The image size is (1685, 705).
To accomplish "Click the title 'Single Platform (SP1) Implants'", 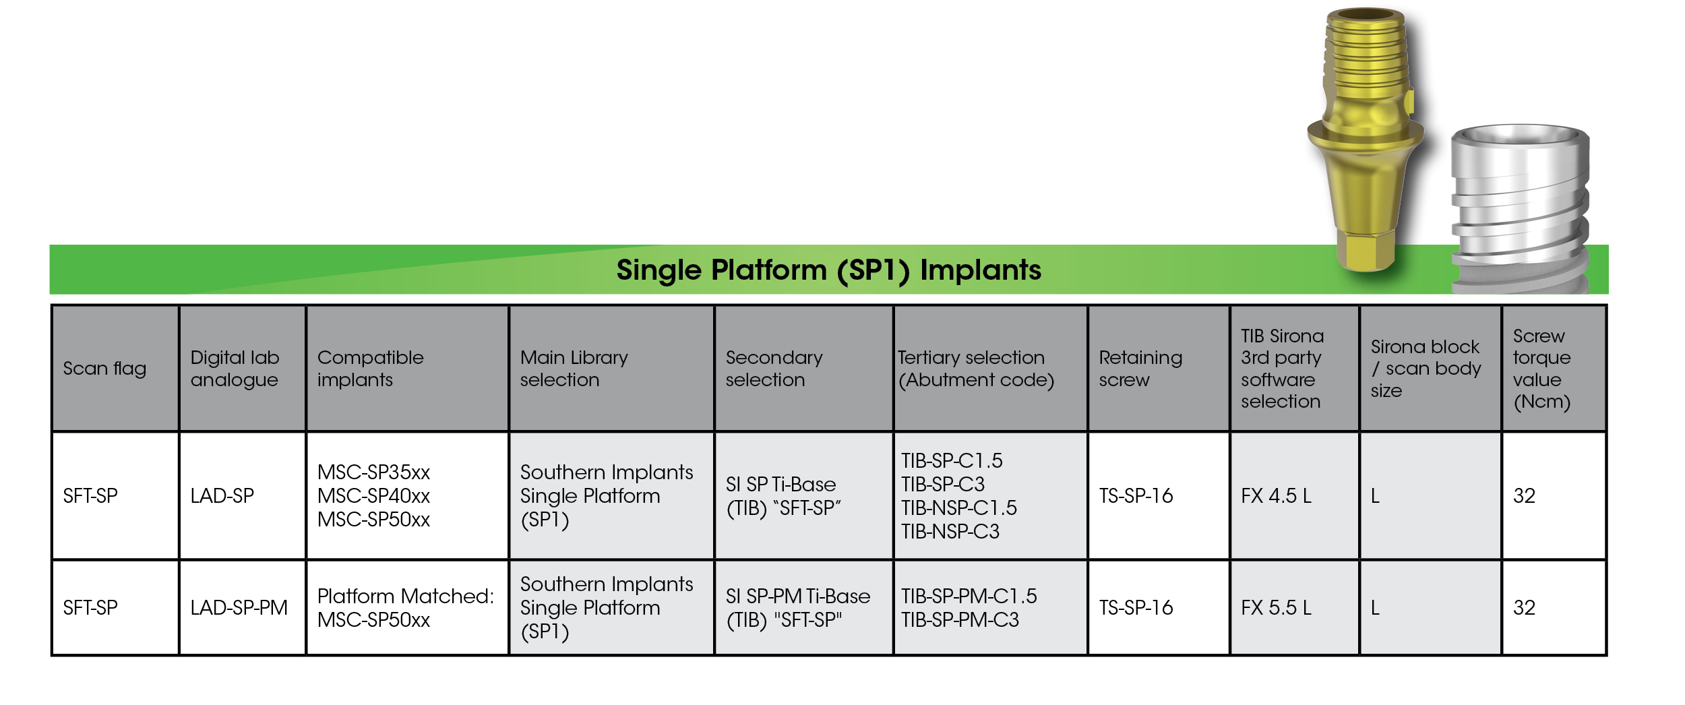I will tap(828, 270).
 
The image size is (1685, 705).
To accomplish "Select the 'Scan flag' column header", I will tap(104, 369).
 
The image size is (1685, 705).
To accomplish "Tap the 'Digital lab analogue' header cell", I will tap(235, 369).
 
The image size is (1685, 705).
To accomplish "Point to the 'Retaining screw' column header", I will tap(1140, 369).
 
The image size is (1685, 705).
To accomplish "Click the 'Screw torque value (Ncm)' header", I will tap(1541, 369).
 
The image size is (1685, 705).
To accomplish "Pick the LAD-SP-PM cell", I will tap(239, 608).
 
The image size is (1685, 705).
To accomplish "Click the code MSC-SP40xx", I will tap(373, 496).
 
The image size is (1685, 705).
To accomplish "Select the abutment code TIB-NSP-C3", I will tap(950, 532).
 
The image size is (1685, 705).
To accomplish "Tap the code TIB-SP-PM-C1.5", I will tap(969, 596).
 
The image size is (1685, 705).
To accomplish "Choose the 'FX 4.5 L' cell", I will tap(1276, 496).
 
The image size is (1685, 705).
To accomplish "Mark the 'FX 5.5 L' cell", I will tap(1276, 608).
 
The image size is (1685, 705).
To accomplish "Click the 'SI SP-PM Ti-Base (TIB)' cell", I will tap(797, 608).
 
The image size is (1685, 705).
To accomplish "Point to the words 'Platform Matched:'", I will tap(405, 596).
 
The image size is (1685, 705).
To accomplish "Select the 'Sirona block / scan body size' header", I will tap(1426, 369).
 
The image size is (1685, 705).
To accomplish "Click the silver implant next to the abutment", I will tap(1520, 202).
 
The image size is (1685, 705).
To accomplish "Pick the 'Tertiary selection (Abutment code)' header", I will tap(975, 369).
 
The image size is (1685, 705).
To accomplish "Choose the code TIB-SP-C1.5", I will tap(952, 461).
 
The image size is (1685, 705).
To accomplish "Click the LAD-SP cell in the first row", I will tap(222, 496).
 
